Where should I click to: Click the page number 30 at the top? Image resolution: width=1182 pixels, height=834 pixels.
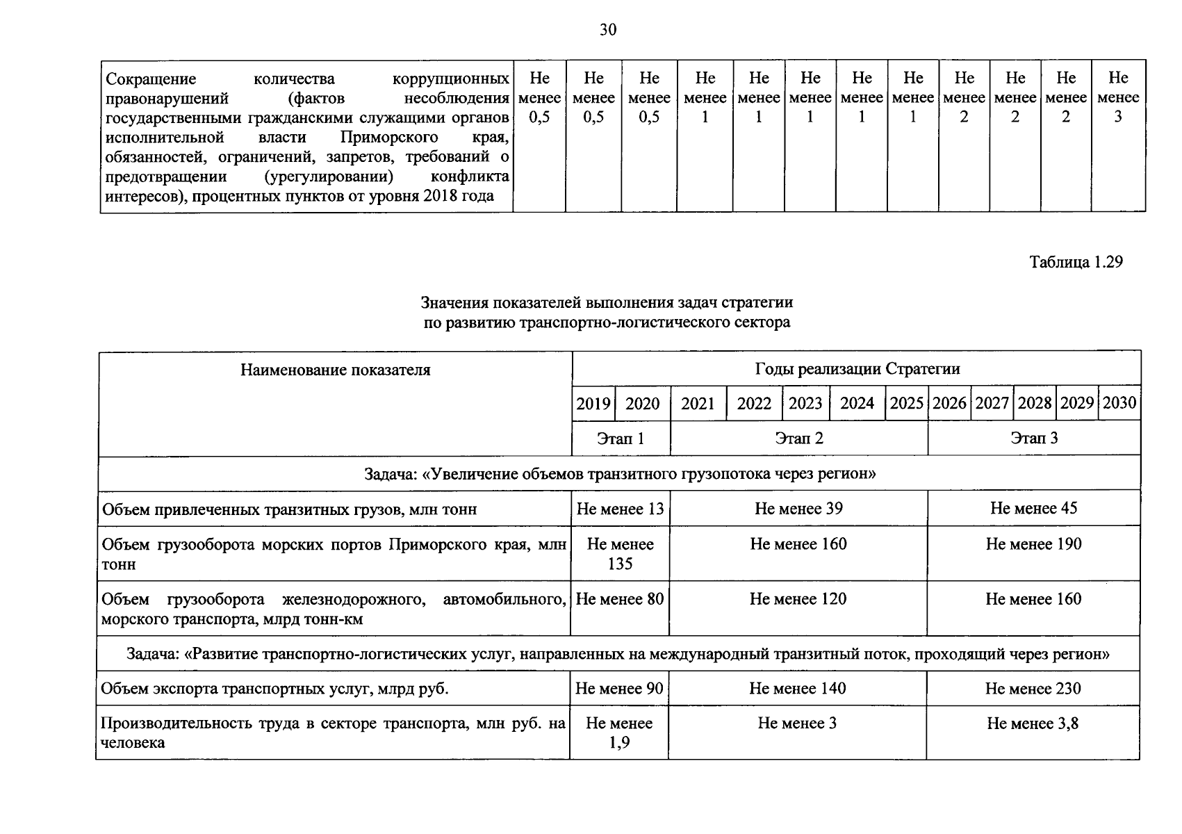(608, 30)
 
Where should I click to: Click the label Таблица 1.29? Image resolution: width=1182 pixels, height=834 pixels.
(1076, 262)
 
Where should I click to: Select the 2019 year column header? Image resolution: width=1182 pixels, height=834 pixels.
(593, 404)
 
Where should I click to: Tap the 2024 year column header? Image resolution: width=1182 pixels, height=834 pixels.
(857, 404)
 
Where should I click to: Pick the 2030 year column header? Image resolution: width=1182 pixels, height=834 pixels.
(1119, 403)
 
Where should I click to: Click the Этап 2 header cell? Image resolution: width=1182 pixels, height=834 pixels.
(799, 439)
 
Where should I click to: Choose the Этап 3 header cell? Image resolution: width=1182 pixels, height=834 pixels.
(1034, 439)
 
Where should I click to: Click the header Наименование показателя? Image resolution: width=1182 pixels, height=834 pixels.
(335, 370)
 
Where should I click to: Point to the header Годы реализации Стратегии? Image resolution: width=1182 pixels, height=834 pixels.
(857, 369)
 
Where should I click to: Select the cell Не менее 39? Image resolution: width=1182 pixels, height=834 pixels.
(798, 509)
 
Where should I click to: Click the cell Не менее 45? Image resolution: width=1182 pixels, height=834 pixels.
(1033, 509)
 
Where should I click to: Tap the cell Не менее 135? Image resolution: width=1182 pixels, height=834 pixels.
(620, 554)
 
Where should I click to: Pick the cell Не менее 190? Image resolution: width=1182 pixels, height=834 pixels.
(1033, 544)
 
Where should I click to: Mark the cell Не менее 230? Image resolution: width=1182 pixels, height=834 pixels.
(1033, 689)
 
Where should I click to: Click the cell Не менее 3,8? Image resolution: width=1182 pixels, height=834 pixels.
(1033, 724)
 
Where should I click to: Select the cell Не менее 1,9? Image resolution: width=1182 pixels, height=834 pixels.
(619, 733)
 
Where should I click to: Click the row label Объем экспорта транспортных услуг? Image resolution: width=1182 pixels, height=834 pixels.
(274, 689)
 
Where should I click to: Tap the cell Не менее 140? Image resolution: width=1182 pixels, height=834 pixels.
(797, 689)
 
